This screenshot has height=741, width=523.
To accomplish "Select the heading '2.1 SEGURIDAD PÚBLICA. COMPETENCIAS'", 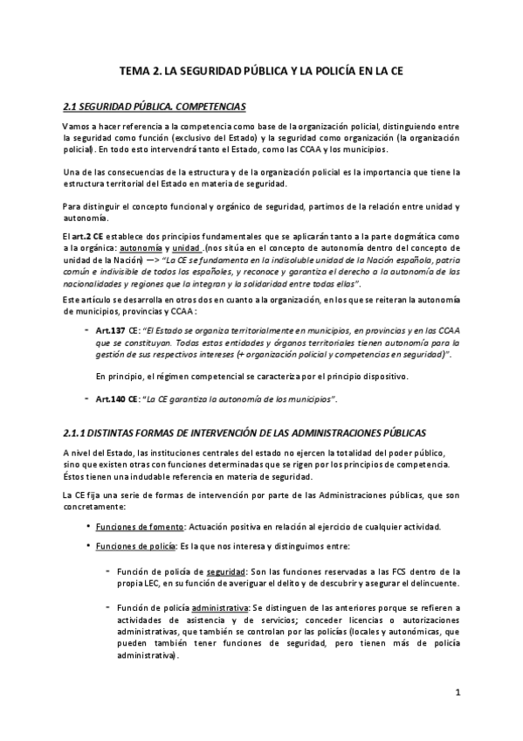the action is [x=155, y=107].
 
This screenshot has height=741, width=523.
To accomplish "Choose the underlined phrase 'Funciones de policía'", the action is [x=137, y=546].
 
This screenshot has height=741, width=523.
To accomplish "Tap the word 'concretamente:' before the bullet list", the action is [x=95, y=508].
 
